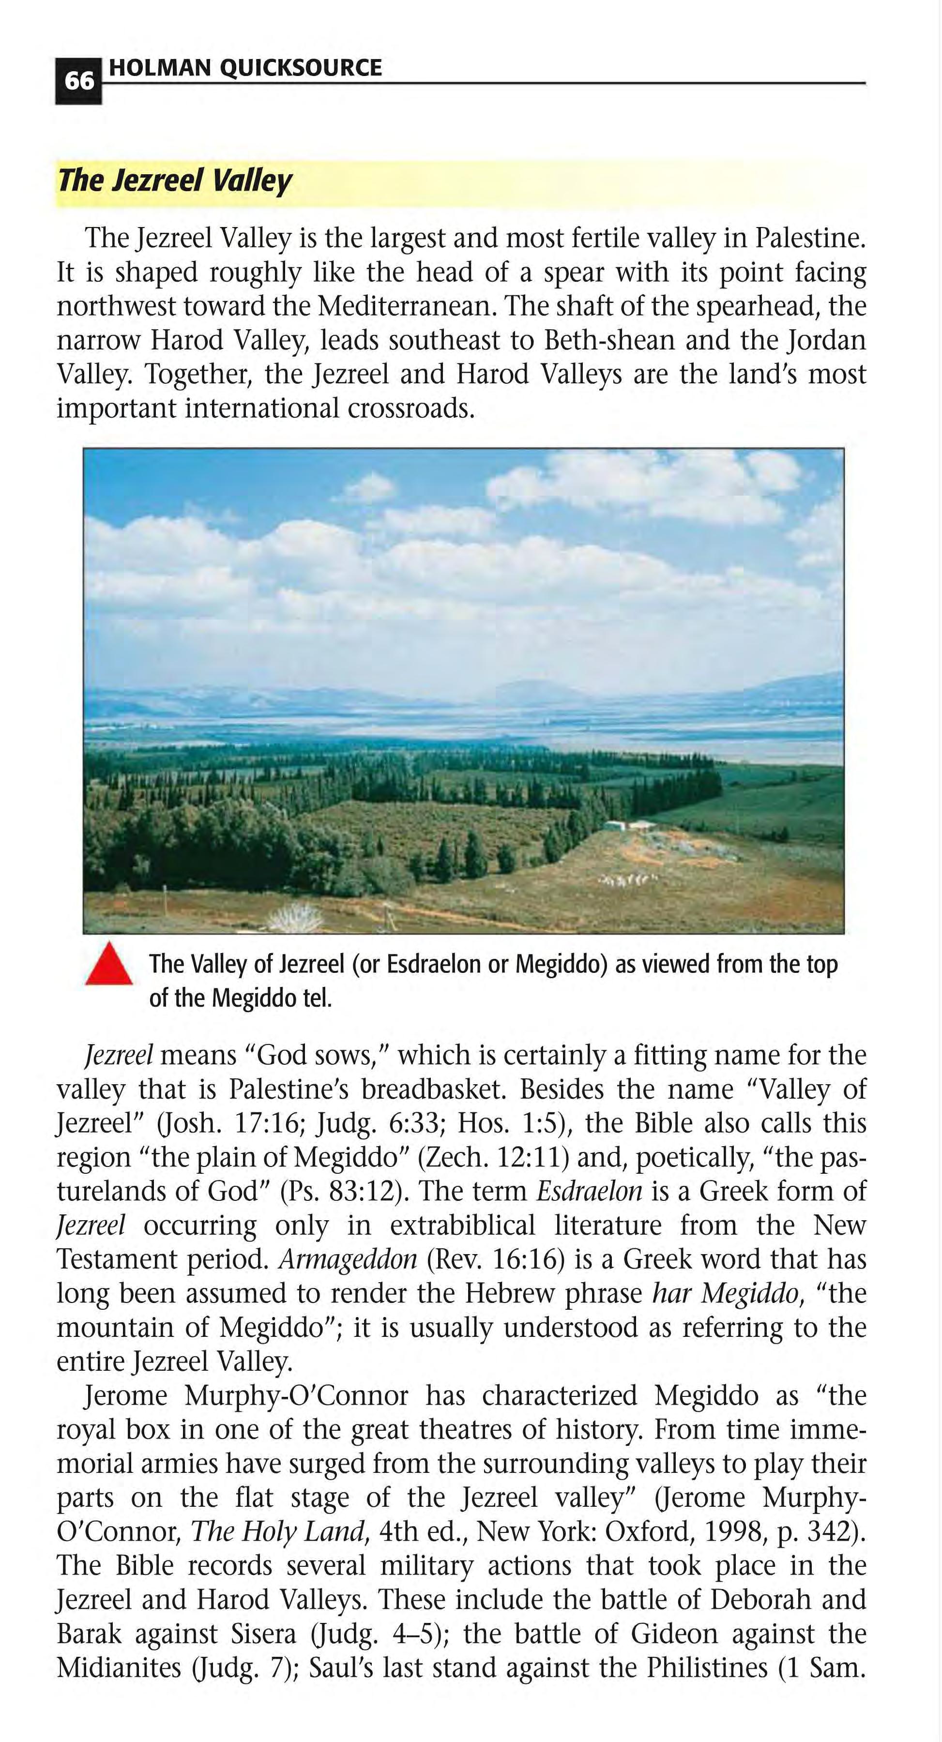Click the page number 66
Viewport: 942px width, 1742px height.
coord(78,81)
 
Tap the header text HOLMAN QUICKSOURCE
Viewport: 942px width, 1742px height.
coord(245,68)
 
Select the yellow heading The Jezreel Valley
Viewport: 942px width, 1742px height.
coord(174,181)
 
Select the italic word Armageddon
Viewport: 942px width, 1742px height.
coord(348,1259)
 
